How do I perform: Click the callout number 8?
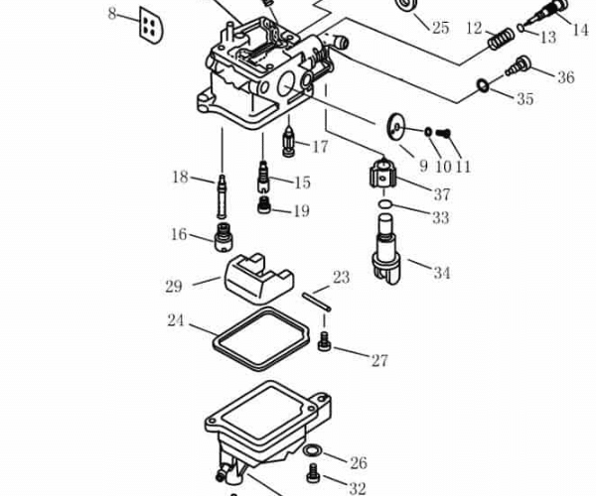(x=112, y=14)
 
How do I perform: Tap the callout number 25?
(x=440, y=28)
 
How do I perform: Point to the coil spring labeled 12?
(x=500, y=42)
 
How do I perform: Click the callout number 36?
(x=565, y=77)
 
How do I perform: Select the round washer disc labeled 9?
(x=397, y=126)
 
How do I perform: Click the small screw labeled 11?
(x=444, y=133)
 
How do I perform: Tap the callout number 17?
(x=319, y=147)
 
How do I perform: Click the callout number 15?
(x=302, y=183)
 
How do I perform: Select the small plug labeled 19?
(x=265, y=206)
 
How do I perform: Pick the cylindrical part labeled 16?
(x=224, y=239)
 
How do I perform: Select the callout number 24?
(x=176, y=321)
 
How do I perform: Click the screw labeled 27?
(x=325, y=343)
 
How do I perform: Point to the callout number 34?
(x=441, y=273)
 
